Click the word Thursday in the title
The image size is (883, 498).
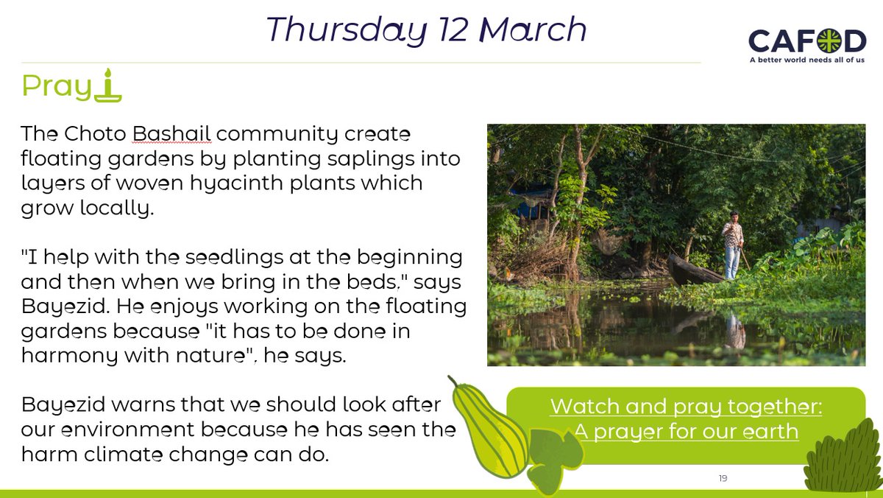(345, 30)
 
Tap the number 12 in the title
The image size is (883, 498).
(450, 30)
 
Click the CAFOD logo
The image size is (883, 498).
(807, 41)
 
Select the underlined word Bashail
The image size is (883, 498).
(172, 136)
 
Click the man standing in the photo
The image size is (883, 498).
(732, 245)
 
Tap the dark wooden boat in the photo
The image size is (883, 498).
(693, 271)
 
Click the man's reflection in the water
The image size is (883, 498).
(733, 329)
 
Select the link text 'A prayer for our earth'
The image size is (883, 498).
(687, 430)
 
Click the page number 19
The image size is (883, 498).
(723, 479)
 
